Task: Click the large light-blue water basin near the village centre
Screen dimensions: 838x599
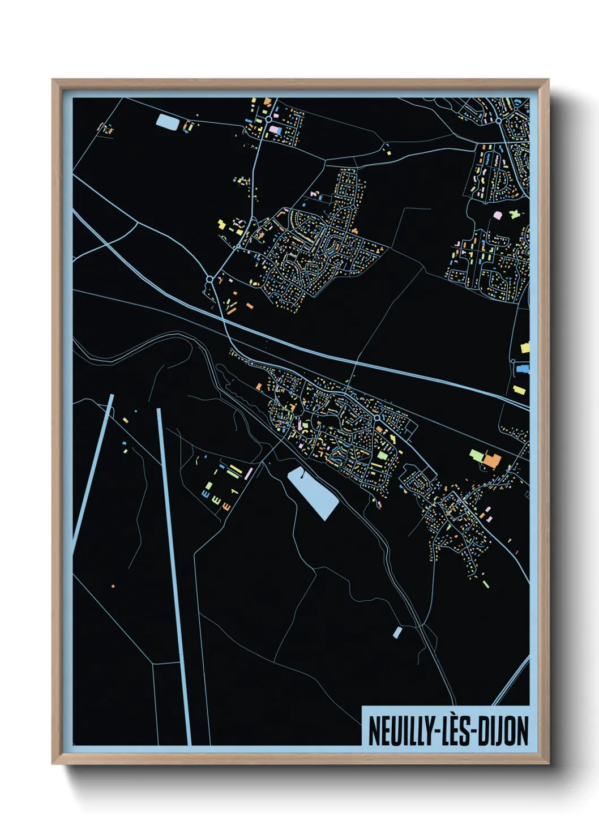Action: pos(313,492)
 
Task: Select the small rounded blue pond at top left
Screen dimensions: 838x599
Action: pos(166,121)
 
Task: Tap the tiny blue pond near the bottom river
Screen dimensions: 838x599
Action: pos(397,632)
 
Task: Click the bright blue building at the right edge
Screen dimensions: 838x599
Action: pos(522,369)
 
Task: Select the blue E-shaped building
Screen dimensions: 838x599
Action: pos(206,494)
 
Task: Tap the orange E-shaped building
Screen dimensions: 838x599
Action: pos(226,506)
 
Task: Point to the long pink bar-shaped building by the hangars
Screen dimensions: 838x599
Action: pos(249,473)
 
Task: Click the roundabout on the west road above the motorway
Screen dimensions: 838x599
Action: pos(210,279)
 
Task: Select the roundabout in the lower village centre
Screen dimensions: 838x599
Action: pos(376,417)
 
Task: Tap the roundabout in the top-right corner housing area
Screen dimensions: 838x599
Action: pos(498,121)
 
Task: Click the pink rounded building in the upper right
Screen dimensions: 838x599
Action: pos(498,215)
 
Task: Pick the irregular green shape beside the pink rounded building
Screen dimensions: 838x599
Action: pos(514,214)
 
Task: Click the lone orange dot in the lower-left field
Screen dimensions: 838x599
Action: pos(113,585)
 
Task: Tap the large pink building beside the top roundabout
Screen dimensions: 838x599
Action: pos(275,130)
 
